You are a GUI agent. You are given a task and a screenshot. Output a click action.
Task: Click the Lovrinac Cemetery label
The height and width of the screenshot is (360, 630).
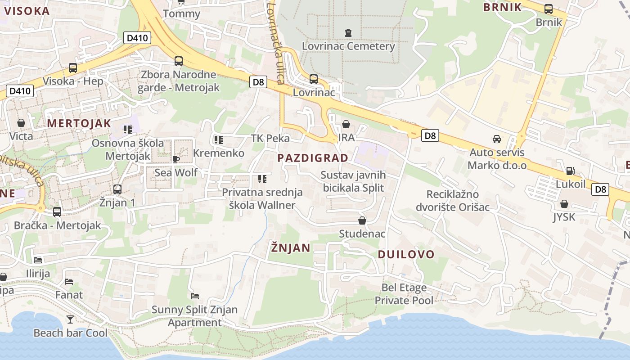[348, 46]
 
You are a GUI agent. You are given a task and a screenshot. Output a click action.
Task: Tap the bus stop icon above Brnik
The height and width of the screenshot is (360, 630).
[549, 9]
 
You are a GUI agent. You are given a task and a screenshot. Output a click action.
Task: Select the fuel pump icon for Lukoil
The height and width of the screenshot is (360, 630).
[570, 171]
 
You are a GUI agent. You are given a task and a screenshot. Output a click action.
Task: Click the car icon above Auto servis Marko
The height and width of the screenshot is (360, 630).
[497, 139]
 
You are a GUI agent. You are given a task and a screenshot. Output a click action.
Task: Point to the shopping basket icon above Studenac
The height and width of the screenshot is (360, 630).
[362, 220]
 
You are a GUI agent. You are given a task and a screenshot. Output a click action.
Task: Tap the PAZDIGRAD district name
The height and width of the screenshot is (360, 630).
[313, 158]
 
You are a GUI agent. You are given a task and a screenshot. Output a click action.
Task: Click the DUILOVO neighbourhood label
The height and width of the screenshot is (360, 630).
[406, 254]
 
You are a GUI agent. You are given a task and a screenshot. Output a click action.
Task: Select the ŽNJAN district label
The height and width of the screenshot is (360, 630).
[291, 247]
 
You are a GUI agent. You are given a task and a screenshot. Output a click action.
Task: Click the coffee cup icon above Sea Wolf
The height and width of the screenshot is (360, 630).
[176, 159]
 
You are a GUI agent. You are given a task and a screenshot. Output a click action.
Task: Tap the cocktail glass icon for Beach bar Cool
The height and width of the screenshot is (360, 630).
[70, 319]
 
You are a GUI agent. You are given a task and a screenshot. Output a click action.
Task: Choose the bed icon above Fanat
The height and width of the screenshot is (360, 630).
[69, 282]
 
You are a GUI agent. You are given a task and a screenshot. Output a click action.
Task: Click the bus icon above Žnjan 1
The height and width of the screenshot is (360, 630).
[117, 189]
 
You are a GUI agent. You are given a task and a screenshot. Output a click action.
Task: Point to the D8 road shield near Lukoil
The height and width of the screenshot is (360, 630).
[601, 189]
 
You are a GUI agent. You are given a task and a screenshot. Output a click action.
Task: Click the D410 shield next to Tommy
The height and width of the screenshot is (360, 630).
[137, 38]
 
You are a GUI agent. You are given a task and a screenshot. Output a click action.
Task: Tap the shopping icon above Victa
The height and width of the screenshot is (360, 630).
[21, 122]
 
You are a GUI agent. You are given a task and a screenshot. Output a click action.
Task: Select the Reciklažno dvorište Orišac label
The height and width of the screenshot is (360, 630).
[452, 201]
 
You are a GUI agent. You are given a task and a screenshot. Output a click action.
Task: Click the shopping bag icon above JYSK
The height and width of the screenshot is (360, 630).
[564, 204]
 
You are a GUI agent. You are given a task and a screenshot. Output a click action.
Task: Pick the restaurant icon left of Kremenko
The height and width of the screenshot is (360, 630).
[218, 140]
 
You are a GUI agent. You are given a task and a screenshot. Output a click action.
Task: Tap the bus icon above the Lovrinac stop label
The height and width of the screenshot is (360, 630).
[314, 79]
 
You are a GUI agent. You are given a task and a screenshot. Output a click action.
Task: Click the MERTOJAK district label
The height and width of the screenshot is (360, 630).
[79, 123]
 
